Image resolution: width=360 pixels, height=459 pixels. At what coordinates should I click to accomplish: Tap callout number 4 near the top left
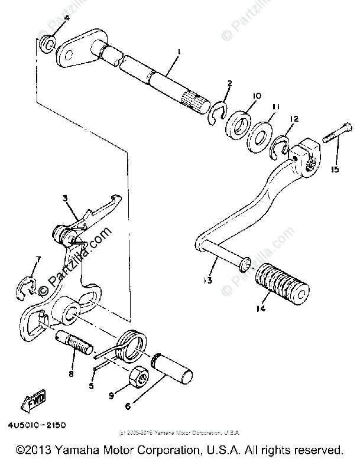tap(49, 18)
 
